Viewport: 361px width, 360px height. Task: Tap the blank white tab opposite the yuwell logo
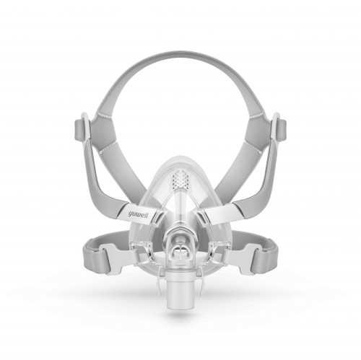click(222, 214)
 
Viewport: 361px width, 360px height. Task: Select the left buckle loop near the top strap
click(82, 128)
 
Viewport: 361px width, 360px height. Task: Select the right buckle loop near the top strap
click(279, 128)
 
